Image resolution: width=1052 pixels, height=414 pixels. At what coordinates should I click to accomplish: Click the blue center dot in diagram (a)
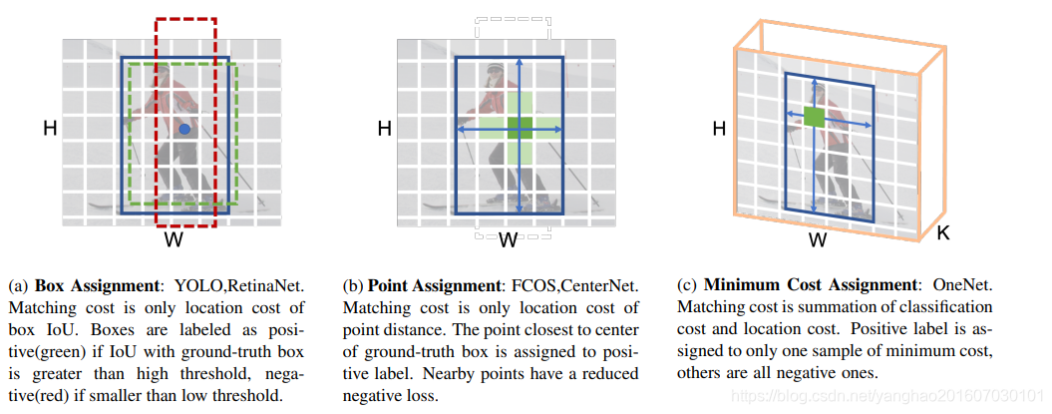click(x=184, y=130)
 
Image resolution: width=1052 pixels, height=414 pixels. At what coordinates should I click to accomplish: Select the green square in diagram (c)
click(x=814, y=118)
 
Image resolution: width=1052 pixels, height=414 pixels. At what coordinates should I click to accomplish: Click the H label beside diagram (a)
click(x=49, y=128)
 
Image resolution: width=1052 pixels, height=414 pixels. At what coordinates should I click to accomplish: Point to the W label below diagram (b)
click(x=508, y=239)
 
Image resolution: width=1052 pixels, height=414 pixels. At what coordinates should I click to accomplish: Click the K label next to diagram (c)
click(x=943, y=235)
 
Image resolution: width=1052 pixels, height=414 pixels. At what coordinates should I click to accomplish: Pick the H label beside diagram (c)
click(x=718, y=128)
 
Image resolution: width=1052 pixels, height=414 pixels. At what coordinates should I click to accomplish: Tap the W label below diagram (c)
click(x=818, y=240)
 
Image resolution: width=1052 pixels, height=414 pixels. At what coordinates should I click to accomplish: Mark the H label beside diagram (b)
click(x=384, y=128)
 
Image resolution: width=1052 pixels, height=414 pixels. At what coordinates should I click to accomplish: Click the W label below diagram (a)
click(x=175, y=239)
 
